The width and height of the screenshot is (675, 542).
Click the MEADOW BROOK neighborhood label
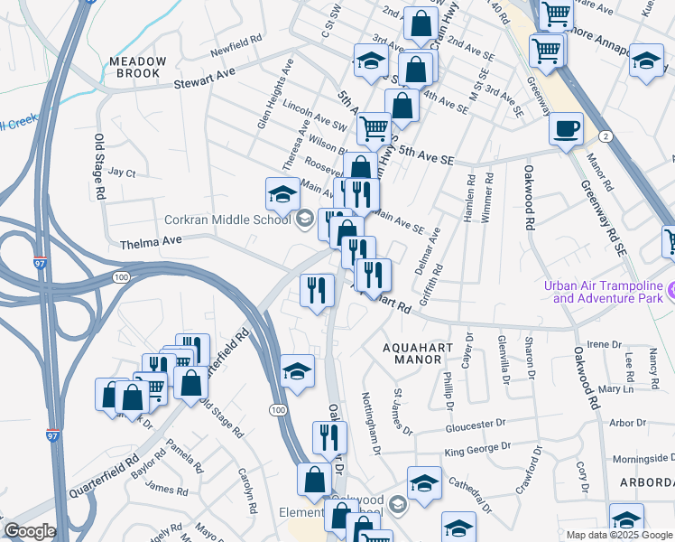[138, 69]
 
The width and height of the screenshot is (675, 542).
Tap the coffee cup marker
[566, 129]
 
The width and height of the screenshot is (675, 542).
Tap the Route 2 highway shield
[605, 135]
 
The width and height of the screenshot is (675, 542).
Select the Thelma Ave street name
[152, 242]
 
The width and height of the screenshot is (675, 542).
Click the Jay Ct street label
[121, 172]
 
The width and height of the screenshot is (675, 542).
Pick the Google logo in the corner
[30, 530]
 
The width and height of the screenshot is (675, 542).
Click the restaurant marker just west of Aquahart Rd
[316, 292]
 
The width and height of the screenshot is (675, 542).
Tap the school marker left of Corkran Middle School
[282, 195]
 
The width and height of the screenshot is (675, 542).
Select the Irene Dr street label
[599, 344]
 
